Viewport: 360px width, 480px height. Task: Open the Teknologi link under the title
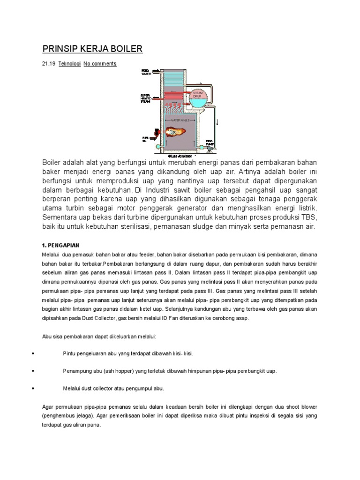[x=69, y=64]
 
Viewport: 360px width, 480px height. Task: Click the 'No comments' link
[x=100, y=64]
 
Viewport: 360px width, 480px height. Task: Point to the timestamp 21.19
[x=49, y=64]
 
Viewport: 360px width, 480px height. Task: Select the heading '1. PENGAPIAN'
[x=61, y=245]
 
